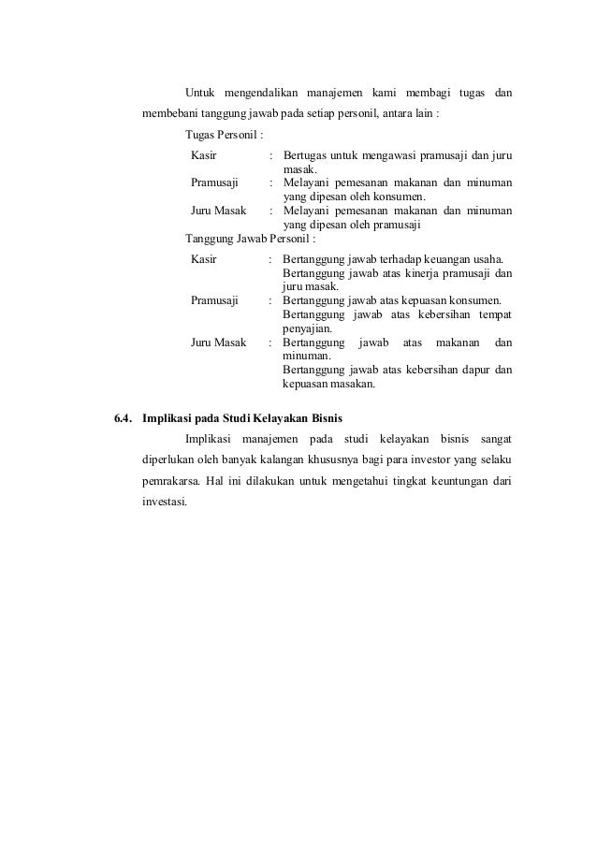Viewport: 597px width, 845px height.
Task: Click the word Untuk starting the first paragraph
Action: tap(200, 94)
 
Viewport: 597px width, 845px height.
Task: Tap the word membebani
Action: tap(172, 115)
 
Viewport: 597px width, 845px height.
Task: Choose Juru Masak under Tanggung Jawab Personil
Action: tap(218, 342)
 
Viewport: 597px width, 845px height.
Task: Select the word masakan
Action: tap(350, 384)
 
